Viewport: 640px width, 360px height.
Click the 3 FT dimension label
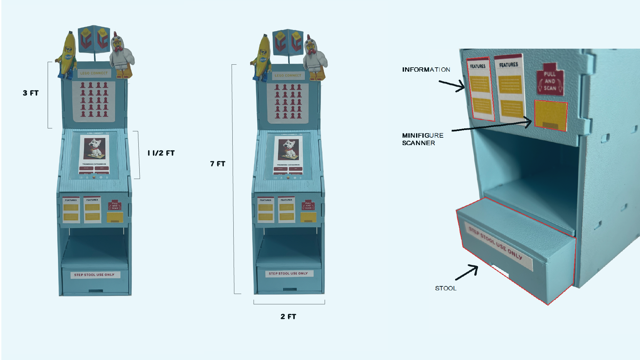[x=31, y=93]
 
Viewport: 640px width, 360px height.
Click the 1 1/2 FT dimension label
[x=161, y=153]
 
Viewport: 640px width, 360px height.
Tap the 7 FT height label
[x=218, y=164]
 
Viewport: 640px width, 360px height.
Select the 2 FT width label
[x=288, y=316]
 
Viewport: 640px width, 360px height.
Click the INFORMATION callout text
[x=426, y=70]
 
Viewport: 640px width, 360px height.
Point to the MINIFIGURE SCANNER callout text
[x=422, y=139]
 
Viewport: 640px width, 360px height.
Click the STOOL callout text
[x=446, y=288]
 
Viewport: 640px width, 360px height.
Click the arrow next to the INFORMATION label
[x=452, y=85]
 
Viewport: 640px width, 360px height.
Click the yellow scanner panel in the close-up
[x=551, y=115]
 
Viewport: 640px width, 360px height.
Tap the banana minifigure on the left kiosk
[x=68, y=55]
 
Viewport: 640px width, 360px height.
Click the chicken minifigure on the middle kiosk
[x=315, y=58]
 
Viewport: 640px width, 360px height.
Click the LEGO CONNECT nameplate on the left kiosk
[x=94, y=73]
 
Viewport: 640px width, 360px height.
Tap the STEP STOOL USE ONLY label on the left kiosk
[x=94, y=275]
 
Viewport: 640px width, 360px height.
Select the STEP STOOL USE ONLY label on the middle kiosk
[x=288, y=273]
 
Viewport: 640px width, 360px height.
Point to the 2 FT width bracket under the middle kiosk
[x=289, y=303]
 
